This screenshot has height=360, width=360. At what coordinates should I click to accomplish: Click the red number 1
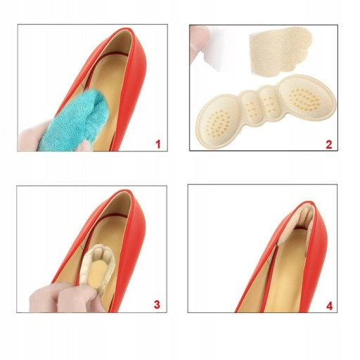pyautogui.click(x=158, y=144)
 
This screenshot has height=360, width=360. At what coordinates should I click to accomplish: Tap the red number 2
pyautogui.click(x=329, y=144)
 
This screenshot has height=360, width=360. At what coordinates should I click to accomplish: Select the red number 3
pyautogui.click(x=157, y=304)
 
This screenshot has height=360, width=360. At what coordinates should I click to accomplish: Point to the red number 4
pyautogui.click(x=330, y=306)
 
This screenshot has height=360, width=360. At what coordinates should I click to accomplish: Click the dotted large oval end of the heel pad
pyautogui.click(x=307, y=96)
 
